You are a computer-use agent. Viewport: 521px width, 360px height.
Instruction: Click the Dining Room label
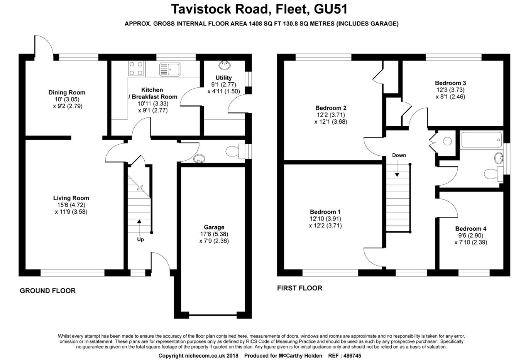(67, 92)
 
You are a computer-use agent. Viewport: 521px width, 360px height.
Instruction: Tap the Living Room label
(71, 198)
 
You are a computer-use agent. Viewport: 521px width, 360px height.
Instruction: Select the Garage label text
(214, 227)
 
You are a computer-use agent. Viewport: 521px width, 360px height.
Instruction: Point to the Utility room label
(224, 78)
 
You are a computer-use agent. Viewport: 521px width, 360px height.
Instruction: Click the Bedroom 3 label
(450, 83)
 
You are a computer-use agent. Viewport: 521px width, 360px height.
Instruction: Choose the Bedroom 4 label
(468, 229)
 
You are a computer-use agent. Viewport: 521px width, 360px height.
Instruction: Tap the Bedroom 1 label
(325, 212)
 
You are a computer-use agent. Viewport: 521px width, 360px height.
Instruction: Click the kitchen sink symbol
(170, 70)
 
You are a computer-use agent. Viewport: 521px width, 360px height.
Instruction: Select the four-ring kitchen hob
(135, 68)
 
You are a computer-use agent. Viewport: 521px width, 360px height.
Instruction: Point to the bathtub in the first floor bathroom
(481, 140)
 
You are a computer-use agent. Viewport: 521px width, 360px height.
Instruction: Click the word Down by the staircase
(399, 155)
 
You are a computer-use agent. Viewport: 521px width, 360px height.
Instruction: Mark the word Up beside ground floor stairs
(140, 239)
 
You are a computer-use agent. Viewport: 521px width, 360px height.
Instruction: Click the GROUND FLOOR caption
(47, 290)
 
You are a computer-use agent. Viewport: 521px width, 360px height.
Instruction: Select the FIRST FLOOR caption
(299, 288)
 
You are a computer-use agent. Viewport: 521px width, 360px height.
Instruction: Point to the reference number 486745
(350, 356)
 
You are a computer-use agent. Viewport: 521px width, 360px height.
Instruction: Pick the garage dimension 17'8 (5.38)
(214, 234)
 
